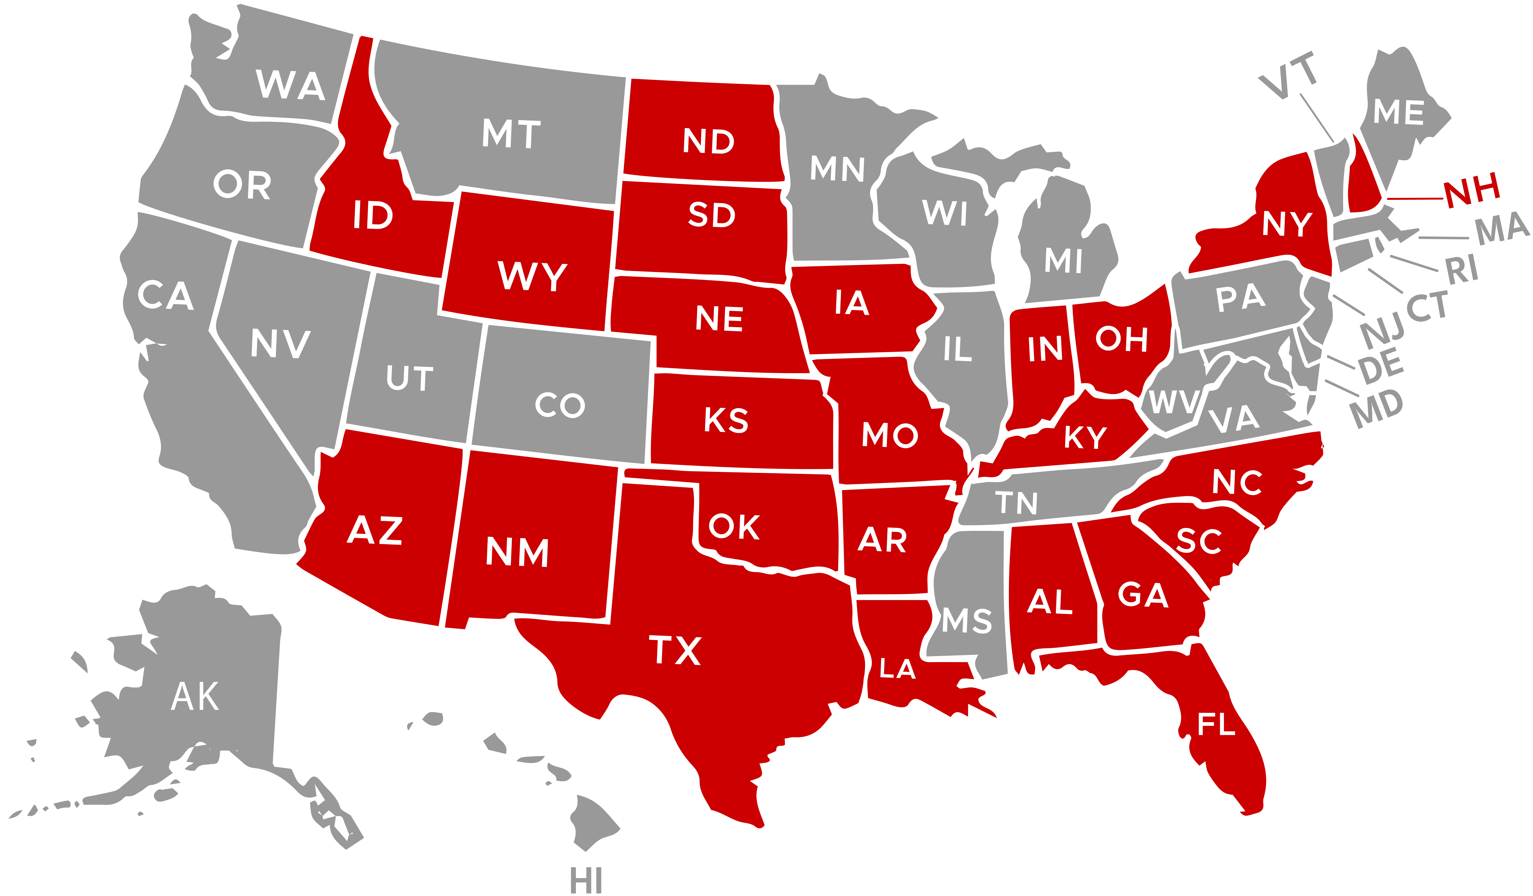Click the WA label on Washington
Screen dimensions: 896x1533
point(290,85)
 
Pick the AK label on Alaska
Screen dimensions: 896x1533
point(195,696)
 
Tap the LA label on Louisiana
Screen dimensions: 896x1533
point(897,669)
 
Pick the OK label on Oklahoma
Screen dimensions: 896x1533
point(734,527)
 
